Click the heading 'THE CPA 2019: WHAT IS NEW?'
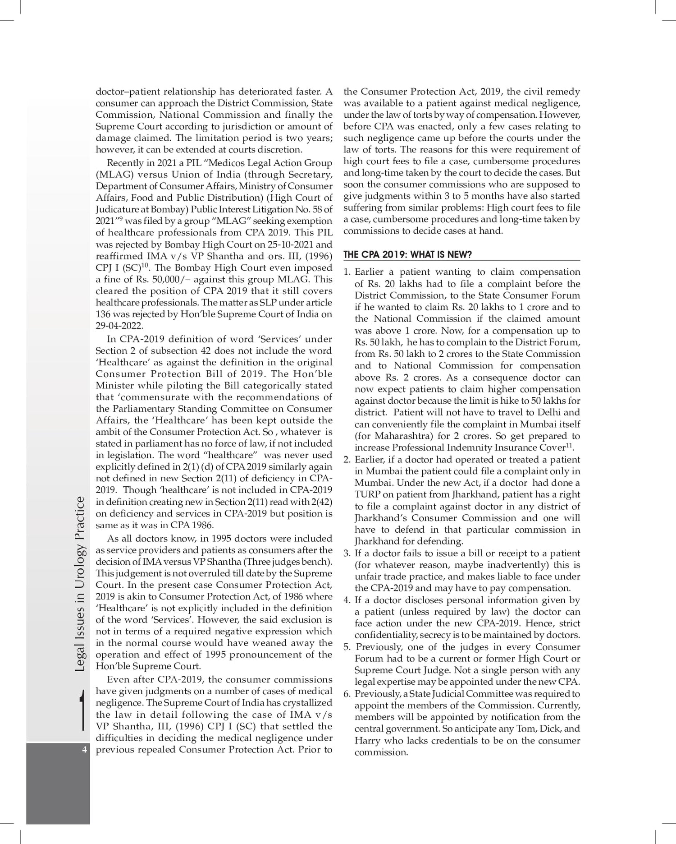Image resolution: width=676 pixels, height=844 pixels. [x=407, y=254]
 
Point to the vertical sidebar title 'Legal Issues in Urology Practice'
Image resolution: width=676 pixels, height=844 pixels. [x=79, y=584]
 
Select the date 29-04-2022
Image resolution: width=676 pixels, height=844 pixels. [x=119, y=326]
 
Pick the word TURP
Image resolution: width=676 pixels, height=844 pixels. [x=367, y=495]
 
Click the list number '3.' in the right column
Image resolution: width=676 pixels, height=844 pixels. [x=347, y=553]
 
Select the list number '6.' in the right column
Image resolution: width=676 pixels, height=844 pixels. [x=347, y=694]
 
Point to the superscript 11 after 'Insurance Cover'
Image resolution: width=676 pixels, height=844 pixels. [x=569, y=446]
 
